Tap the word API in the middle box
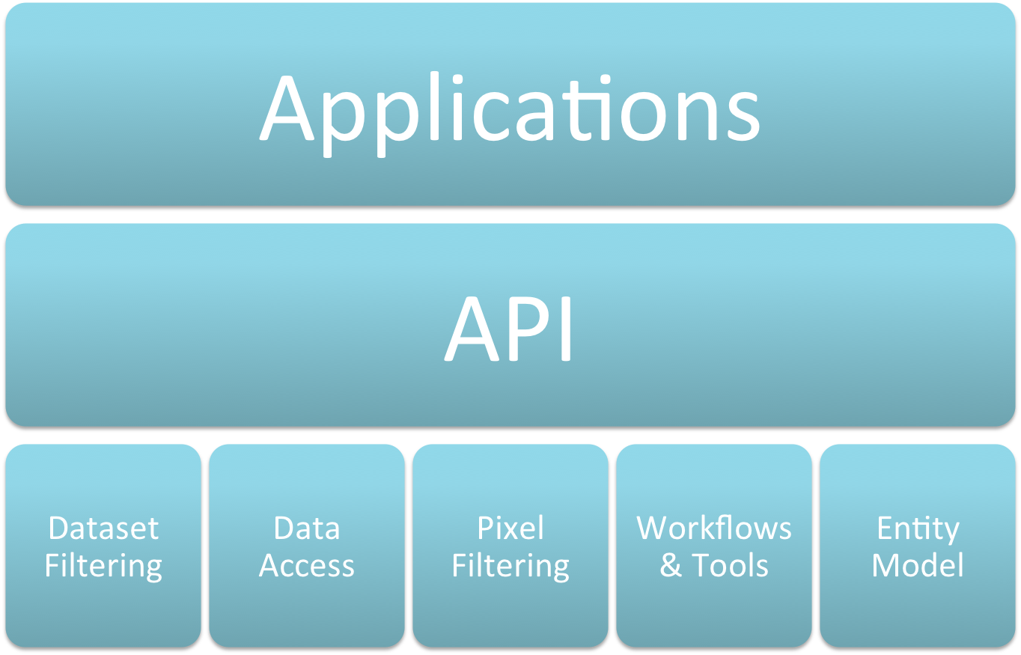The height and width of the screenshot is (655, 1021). (x=510, y=328)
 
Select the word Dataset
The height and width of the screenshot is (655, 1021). (x=103, y=528)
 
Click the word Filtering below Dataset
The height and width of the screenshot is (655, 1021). (x=103, y=567)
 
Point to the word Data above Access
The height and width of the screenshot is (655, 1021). (x=307, y=528)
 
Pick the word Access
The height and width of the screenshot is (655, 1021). (x=307, y=566)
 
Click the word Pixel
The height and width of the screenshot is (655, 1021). (x=510, y=528)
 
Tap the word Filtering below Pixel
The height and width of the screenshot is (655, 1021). (x=510, y=567)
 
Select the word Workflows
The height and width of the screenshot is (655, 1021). (x=714, y=528)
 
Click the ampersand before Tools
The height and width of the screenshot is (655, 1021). (x=671, y=566)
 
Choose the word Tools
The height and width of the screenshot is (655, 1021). (x=730, y=566)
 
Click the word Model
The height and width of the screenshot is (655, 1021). (x=918, y=566)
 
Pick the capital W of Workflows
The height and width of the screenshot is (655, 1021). (x=653, y=528)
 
